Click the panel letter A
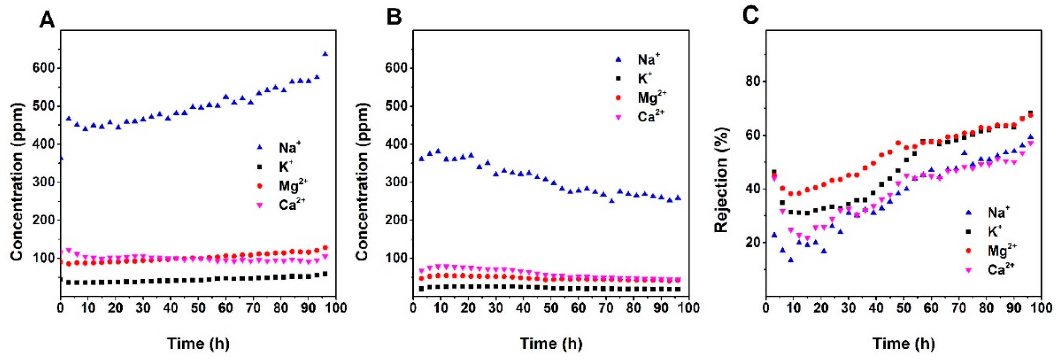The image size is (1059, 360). tap(47, 19)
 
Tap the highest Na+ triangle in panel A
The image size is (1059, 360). tap(325, 54)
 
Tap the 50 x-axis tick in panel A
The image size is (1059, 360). tap(198, 308)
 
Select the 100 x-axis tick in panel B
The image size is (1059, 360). tap(688, 308)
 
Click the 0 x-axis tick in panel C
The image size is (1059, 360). tap(766, 308)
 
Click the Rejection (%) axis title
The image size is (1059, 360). tap(721, 179)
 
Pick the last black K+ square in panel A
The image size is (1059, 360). tap(325, 274)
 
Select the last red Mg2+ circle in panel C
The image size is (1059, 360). tap(1030, 116)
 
